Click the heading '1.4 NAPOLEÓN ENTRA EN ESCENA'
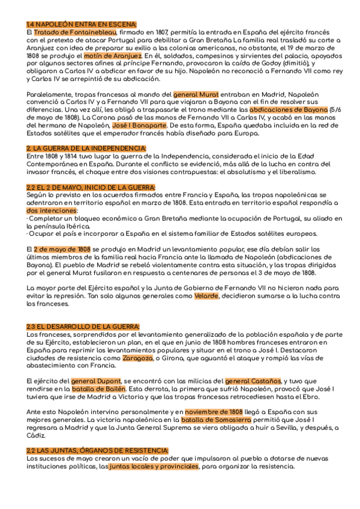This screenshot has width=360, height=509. (82, 24)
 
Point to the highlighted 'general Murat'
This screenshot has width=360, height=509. (196, 95)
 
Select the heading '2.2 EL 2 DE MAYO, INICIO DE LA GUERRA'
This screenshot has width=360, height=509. (91, 188)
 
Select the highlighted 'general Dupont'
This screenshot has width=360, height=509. (95, 381)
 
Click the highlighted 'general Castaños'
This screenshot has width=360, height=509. (252, 381)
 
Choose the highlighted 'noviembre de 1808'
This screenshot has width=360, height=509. (214, 412)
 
